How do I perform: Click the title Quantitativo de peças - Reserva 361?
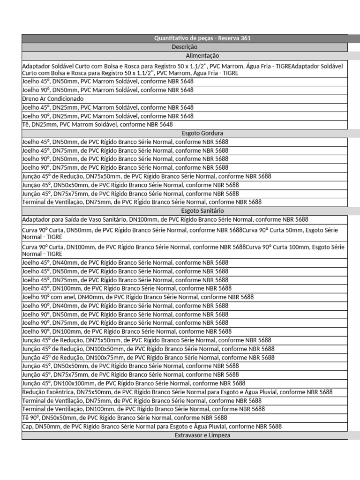202,38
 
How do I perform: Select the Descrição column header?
184,47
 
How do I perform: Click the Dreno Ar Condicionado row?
52,98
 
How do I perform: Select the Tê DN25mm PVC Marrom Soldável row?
97,124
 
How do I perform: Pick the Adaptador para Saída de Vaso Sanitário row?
165,219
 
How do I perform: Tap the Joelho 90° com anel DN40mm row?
138,297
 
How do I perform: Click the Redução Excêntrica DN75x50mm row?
177,392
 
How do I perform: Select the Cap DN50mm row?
152,427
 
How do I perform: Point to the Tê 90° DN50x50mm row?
124,418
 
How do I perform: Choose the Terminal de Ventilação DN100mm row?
143,409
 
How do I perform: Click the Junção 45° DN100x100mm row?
134,383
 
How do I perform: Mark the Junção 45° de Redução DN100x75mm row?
148,357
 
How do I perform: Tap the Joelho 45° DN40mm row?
125,262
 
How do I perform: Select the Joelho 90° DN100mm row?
127,331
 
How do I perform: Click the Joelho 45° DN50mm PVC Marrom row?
108,81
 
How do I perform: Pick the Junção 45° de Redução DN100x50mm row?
148,349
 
